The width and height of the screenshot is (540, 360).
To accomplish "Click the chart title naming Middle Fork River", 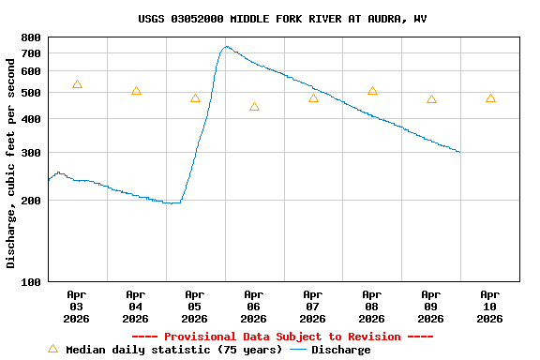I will pos(282,19).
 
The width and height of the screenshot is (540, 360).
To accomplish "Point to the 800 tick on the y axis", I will pos(31,37).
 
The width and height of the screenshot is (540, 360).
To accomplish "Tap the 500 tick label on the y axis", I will pos(31,93).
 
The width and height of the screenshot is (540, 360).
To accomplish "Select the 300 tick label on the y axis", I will pos(31,153).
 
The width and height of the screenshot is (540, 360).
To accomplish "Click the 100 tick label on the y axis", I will pos(31,282).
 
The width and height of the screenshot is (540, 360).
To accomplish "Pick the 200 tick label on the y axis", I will pos(31,201).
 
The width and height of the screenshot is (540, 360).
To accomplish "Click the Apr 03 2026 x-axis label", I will pos(77,306).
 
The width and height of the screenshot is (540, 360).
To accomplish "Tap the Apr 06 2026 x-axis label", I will pos(254,306).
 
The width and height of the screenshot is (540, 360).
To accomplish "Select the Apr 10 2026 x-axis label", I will pos(490,306).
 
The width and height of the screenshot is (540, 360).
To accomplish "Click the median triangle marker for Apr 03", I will pos(77,84).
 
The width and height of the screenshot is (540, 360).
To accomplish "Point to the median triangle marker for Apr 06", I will pos(254,107).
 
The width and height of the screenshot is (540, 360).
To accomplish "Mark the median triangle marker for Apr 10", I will pos(490,98).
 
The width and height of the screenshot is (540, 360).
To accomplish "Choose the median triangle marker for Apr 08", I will pos(372,91).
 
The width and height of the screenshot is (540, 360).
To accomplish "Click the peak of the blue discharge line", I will pos(227,46).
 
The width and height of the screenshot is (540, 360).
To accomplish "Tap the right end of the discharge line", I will pos(459,152).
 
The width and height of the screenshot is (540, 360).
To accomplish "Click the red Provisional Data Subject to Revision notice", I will pos(282,337).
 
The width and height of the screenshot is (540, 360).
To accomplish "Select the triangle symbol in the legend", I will pos(52,349).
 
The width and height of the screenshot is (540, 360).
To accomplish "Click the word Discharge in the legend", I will pos(340,350).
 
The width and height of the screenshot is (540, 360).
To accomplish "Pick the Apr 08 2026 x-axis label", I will pos(372,306).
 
